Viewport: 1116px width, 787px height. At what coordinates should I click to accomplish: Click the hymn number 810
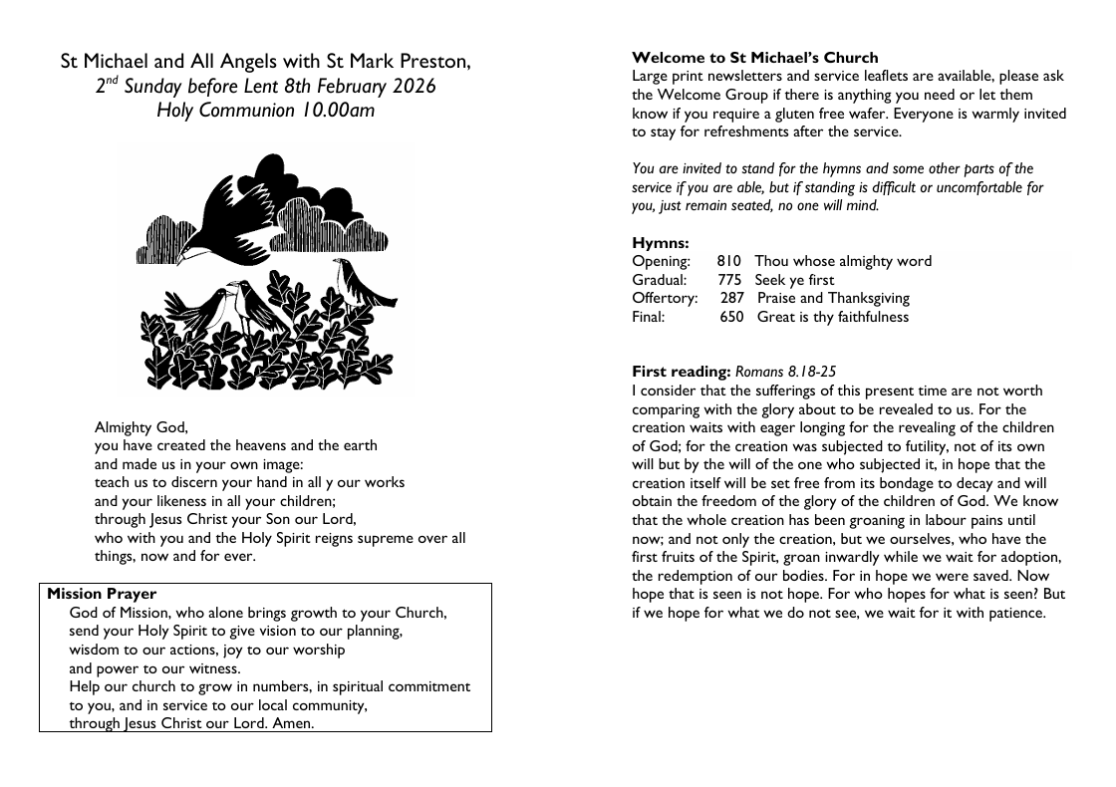[x=728, y=261]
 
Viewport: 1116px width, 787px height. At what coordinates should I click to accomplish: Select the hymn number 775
[x=729, y=280]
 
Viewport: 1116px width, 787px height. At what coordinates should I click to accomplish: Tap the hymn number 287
[x=732, y=298]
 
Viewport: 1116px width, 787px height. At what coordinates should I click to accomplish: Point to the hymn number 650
[x=732, y=317]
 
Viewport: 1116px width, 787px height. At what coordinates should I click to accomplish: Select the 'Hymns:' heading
[x=661, y=242]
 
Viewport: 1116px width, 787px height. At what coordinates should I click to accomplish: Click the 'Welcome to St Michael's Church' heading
[x=755, y=58]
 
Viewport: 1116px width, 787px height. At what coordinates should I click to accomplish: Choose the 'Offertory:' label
[x=665, y=298]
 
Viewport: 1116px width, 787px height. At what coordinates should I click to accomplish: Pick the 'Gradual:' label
[x=660, y=280]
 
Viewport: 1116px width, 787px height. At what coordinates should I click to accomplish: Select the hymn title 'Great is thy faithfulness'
[x=833, y=317]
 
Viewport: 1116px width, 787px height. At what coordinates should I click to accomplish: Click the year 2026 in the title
[x=413, y=86]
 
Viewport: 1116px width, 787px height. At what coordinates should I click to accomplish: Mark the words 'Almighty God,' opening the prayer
[x=140, y=427]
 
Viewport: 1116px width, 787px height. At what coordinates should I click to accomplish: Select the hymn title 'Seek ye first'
[x=794, y=280]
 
